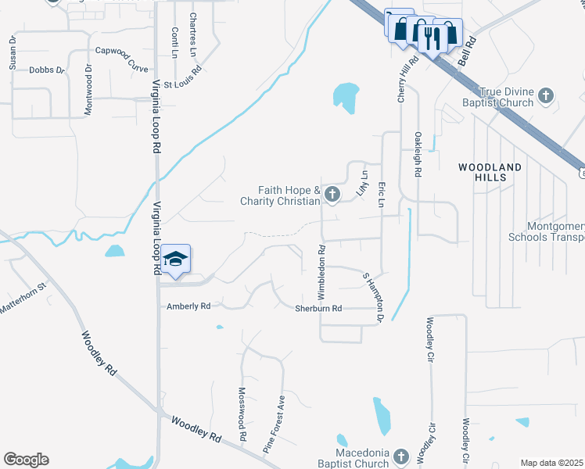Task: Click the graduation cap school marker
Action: coord(177,260)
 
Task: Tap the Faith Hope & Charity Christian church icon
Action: coord(332,195)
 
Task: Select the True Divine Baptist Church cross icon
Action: coord(546,97)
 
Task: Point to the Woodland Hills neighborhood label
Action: coord(490,172)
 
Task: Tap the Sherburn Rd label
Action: coord(318,309)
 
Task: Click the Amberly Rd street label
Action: coord(189,306)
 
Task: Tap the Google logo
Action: coord(26,460)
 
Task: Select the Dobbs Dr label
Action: coord(47,70)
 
